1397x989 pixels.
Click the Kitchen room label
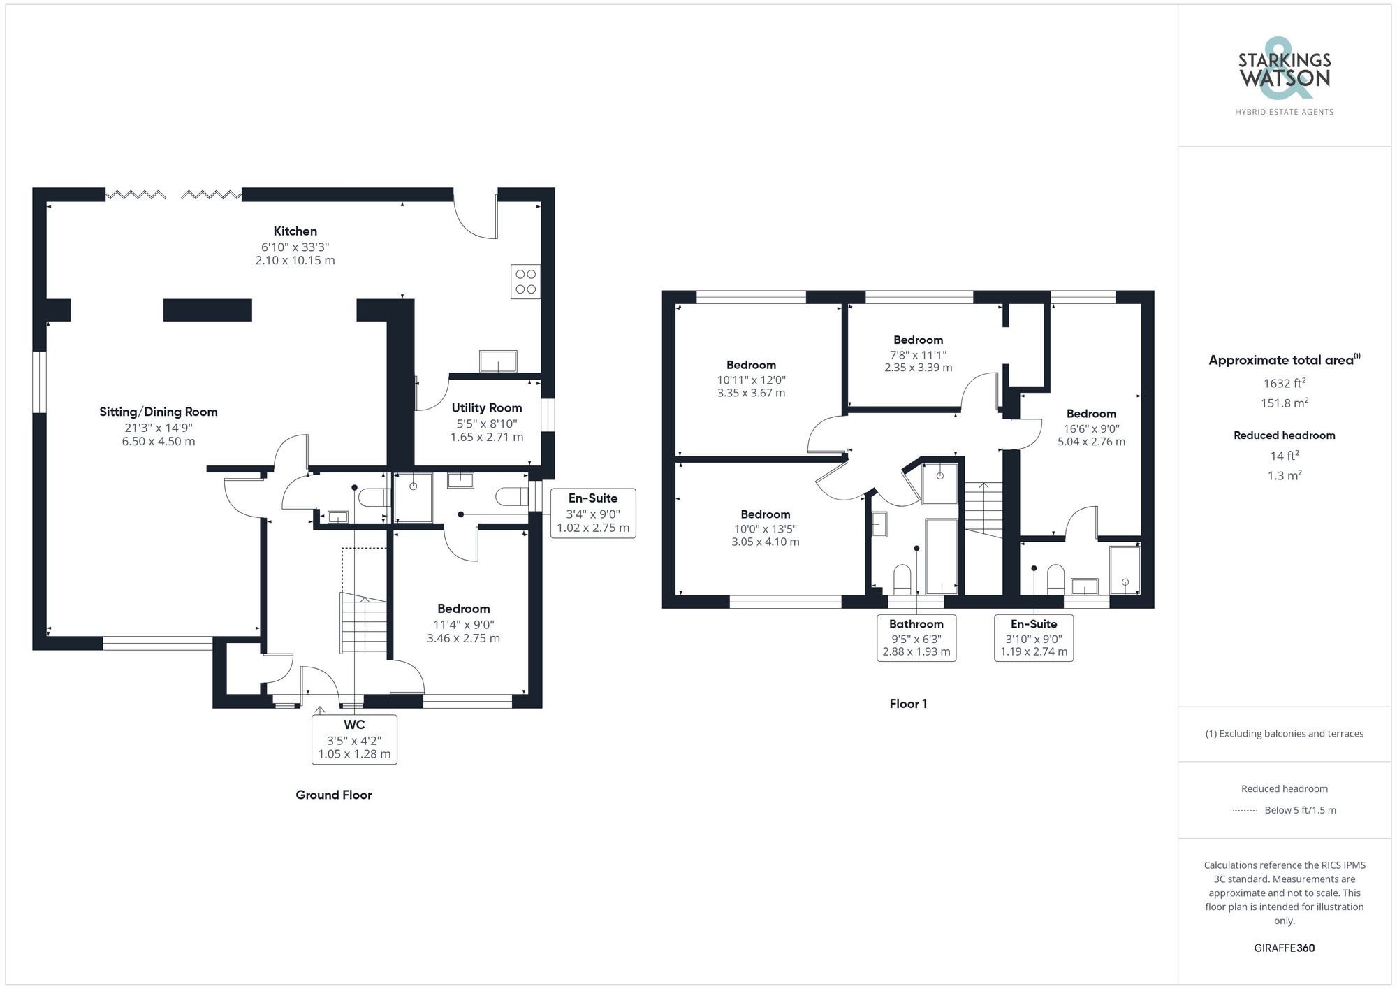295,231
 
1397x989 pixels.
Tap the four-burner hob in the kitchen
525,282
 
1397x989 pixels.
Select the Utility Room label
486,408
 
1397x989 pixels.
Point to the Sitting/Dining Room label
159,412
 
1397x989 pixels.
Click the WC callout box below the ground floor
354,739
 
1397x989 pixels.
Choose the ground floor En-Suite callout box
593,513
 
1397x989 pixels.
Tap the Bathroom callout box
916,637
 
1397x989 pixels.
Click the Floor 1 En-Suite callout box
1034,637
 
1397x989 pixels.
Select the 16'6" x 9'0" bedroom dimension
1091,429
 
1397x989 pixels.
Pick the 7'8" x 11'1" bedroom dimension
918,355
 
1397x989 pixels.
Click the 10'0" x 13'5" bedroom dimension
766,529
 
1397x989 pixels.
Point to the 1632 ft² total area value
1285,383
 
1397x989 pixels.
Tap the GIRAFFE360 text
1285,948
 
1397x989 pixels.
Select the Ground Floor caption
334,795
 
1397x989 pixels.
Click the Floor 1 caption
908,704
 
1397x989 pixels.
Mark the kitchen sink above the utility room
498,361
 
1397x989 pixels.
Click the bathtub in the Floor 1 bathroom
941,556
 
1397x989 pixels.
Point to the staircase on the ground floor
363,622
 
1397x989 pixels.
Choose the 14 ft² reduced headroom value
1285,456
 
